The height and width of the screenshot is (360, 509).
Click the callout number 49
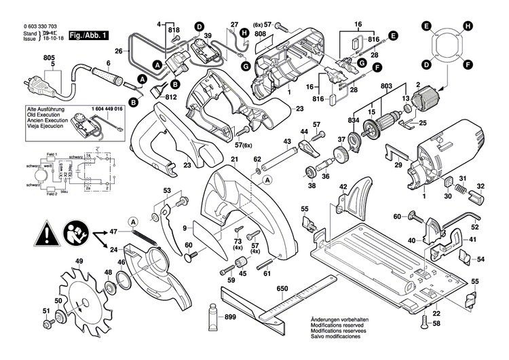[x=79, y=262]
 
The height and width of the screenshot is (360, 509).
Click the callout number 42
[x=343, y=186]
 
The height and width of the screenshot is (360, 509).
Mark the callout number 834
[x=354, y=120]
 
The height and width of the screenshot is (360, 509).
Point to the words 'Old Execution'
[x=43, y=114]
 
